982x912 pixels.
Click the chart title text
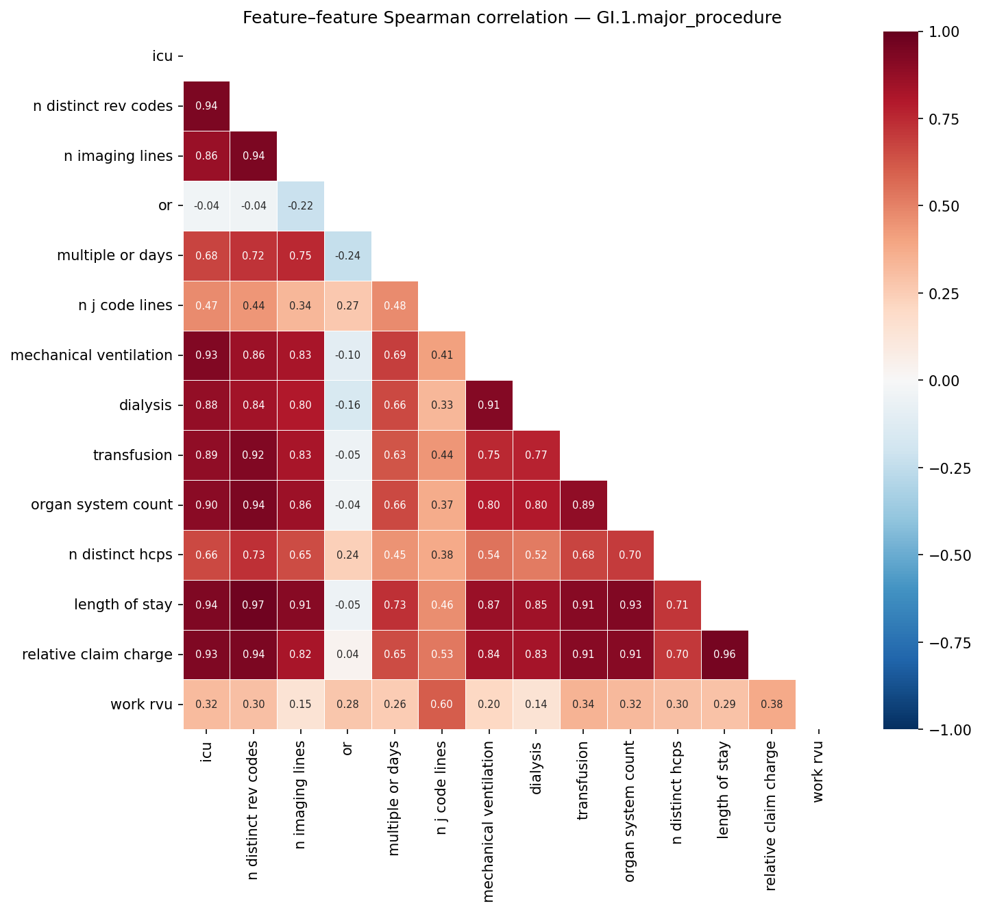512,18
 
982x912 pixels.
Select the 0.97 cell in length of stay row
254,605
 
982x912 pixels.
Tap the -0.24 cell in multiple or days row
347,256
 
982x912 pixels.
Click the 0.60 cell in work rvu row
442,705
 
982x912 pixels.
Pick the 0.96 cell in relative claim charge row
725,655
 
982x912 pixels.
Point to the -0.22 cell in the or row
301,206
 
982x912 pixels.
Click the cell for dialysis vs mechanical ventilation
489,405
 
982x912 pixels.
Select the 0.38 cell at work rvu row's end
772,705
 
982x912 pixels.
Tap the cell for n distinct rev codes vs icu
206,106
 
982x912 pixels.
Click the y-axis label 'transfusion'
132,455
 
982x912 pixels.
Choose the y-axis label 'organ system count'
101,505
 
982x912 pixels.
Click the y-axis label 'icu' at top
162,56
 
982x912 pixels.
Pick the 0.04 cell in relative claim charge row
347,655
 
